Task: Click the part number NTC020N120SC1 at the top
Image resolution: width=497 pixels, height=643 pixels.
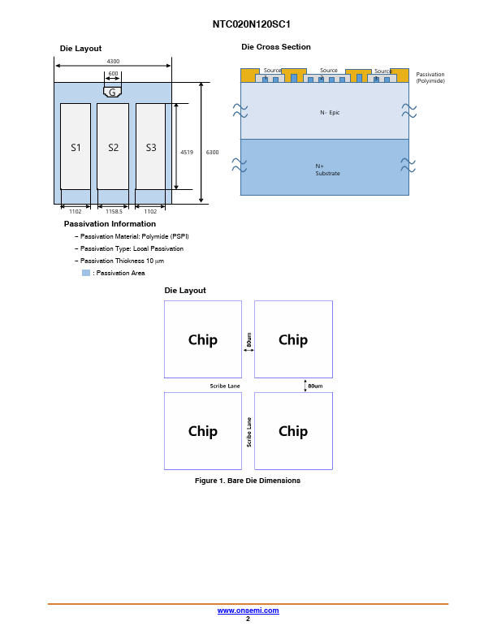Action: point(251,24)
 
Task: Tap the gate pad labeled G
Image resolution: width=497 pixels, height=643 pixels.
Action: point(112,92)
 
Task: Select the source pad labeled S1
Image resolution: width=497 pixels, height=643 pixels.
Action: point(76,146)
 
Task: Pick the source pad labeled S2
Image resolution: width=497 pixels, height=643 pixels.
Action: point(113,146)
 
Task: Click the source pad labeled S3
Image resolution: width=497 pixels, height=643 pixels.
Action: point(150,146)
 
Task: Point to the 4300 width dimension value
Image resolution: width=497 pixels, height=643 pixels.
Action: point(113,61)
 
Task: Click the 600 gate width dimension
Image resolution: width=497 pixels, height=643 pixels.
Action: point(113,73)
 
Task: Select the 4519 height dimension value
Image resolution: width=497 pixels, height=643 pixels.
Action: point(187,152)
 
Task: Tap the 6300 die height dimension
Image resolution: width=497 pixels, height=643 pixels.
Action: point(212,152)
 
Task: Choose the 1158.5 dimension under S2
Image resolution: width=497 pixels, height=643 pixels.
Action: point(114,212)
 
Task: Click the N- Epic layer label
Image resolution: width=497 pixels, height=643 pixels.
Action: point(330,112)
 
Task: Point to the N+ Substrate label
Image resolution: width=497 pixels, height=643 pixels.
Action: point(327,170)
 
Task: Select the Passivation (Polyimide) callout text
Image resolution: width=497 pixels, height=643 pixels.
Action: point(430,77)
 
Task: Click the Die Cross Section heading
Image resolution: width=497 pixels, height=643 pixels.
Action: point(276,47)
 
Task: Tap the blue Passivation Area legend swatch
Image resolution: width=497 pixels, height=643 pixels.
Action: point(86,273)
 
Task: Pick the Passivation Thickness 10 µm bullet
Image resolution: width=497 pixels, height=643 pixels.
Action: point(122,261)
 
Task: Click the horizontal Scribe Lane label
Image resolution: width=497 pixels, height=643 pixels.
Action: point(225,386)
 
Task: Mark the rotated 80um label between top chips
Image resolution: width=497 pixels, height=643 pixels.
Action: point(249,339)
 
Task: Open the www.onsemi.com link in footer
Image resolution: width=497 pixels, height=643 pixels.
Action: point(248,611)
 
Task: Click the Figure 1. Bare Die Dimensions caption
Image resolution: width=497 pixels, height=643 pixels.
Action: point(248,480)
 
